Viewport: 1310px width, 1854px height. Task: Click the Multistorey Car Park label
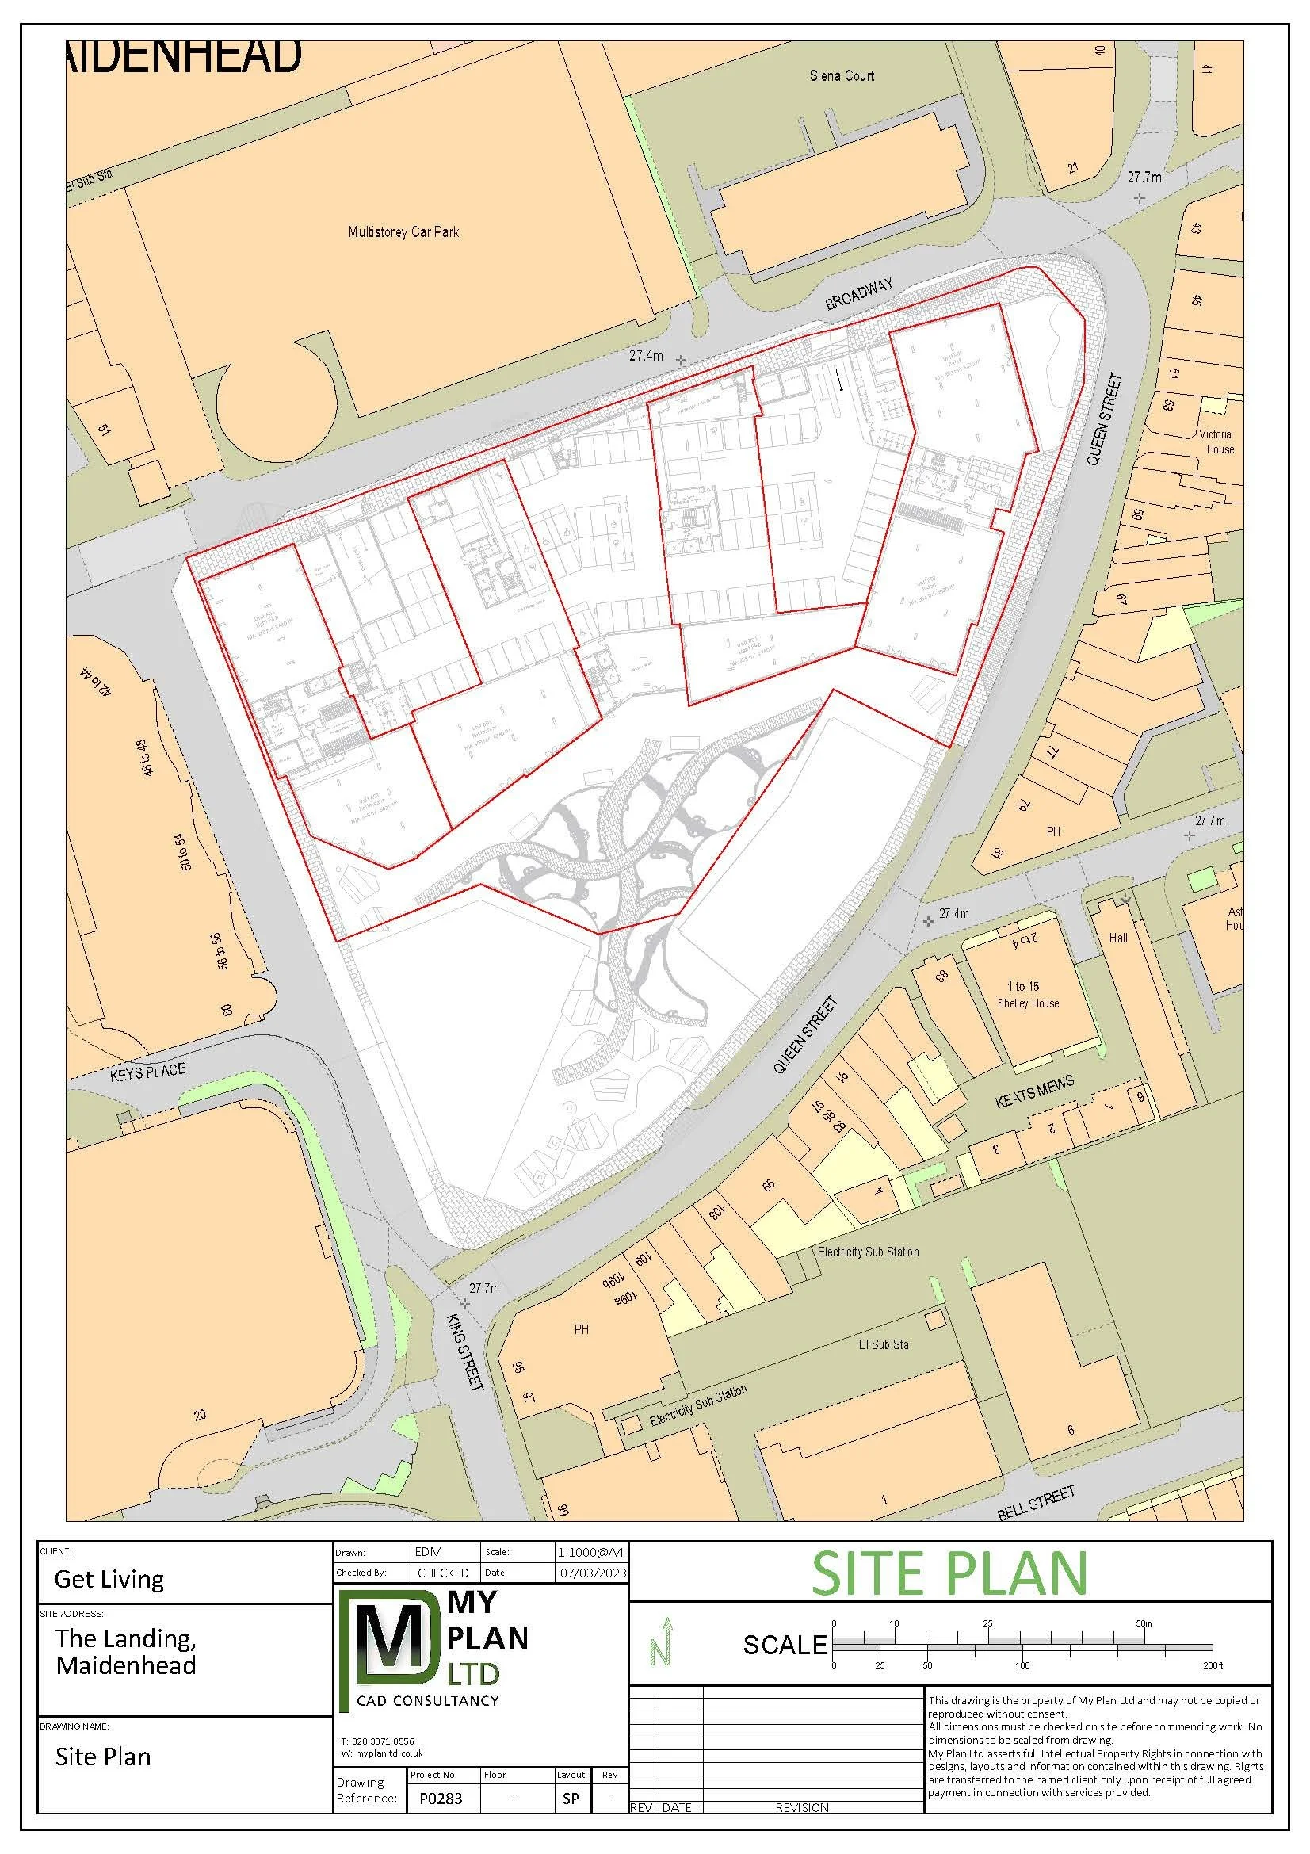tap(403, 232)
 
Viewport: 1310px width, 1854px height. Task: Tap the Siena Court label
tap(842, 76)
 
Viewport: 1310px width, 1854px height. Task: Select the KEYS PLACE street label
tap(148, 1072)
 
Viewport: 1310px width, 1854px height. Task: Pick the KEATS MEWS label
tap(1035, 1091)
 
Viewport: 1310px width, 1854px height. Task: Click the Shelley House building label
tap(1028, 1003)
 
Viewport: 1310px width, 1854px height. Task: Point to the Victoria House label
tap(1216, 442)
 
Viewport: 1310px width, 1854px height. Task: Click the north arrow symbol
tap(660, 1642)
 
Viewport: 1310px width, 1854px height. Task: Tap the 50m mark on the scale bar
tap(1144, 1624)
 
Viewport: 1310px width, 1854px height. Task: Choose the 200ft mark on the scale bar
tap(1213, 1665)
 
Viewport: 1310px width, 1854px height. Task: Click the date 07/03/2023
tap(593, 1573)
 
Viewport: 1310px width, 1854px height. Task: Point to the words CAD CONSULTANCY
tap(429, 1700)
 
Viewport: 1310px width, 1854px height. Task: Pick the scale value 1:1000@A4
tap(591, 1553)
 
